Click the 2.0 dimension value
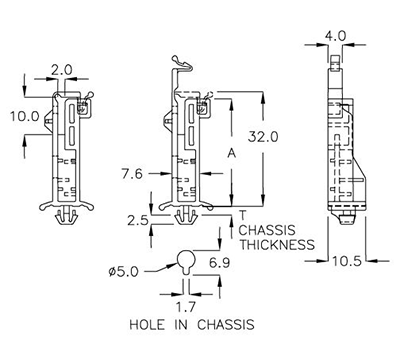coord(62,70)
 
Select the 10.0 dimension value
coord(25,116)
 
